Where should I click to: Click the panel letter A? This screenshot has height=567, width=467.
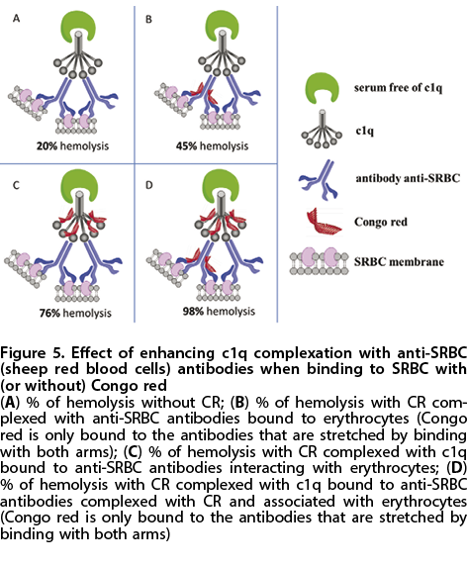[x=16, y=18]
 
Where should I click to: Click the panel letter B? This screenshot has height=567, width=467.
[x=148, y=19]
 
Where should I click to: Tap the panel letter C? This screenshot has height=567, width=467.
[x=16, y=185]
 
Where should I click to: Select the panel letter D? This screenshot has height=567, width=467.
[x=149, y=185]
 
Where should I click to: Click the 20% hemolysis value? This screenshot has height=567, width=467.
[x=47, y=146]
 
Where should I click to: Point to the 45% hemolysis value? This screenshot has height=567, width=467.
[x=187, y=146]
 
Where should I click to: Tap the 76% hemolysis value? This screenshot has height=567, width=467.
[x=49, y=313]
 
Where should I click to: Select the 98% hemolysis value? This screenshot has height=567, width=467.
[x=193, y=312]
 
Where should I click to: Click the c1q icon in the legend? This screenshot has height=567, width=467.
[x=321, y=131]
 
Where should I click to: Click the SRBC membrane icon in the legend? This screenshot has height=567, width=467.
[x=320, y=261]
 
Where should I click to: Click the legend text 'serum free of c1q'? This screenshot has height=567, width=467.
[x=398, y=88]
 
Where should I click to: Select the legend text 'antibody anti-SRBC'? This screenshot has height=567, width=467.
[x=408, y=179]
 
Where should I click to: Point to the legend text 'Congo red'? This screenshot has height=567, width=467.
[x=381, y=222]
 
